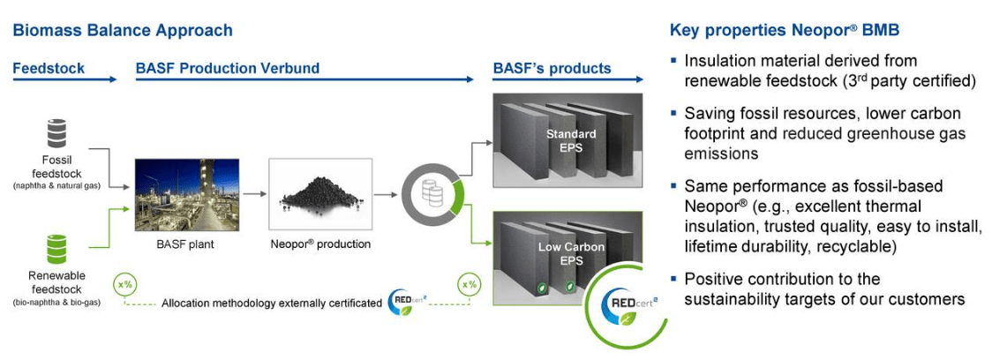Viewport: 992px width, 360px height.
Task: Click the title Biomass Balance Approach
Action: pyautogui.click(x=123, y=31)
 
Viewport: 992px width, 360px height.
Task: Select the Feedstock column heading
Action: pyautogui.click(x=48, y=68)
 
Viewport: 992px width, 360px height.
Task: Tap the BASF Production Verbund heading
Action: pyautogui.click(x=228, y=68)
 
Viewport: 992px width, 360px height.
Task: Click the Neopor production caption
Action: pyautogui.click(x=319, y=244)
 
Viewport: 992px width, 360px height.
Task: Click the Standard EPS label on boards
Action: pyautogui.click(x=569, y=141)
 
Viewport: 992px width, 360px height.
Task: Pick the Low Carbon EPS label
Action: pyautogui.click(x=571, y=253)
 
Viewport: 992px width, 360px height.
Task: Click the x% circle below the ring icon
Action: pyautogui.click(x=470, y=284)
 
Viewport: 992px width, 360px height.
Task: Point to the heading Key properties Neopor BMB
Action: pyautogui.click(x=785, y=31)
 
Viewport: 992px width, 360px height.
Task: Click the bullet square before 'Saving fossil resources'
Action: pyautogui.click(x=674, y=114)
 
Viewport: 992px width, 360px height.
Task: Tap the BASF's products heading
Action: pyautogui.click(x=552, y=68)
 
